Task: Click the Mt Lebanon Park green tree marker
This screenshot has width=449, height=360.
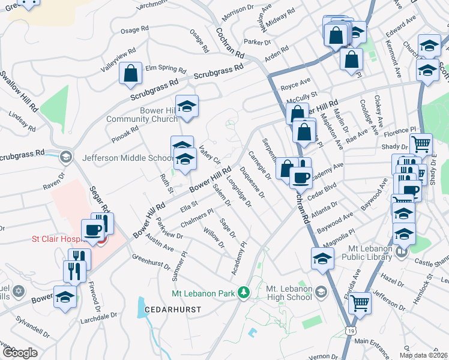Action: tap(244, 293)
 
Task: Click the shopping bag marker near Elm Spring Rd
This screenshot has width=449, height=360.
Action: tap(130, 74)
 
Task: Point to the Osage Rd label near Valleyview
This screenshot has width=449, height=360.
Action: tap(134, 30)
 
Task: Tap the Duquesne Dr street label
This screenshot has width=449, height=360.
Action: tap(252, 182)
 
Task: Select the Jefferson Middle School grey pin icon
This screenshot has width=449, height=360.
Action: tap(65, 158)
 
